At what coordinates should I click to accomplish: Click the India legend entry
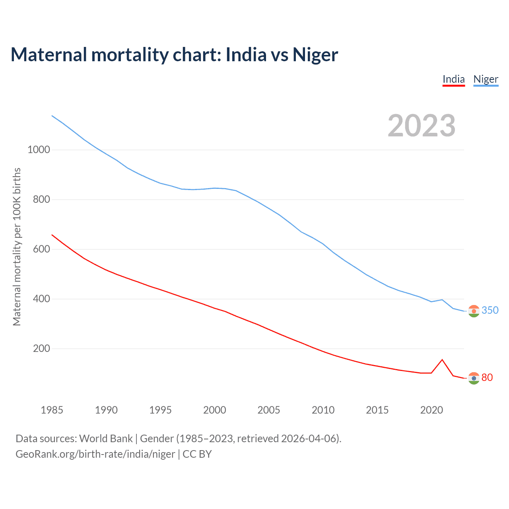tap(454, 79)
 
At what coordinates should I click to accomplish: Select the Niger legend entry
tap(486, 79)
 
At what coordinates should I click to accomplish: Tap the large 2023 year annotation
tap(422, 126)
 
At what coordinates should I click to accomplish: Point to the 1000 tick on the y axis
tap(39, 150)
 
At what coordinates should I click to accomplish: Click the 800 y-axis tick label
tap(41, 200)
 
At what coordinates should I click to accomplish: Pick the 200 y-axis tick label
tap(41, 349)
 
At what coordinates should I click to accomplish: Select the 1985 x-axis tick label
tap(52, 410)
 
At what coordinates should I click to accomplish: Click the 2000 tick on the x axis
tap(214, 410)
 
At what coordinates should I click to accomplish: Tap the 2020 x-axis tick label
tap(431, 410)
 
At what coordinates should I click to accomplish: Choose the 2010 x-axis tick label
tap(323, 410)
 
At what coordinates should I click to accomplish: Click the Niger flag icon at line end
tap(474, 311)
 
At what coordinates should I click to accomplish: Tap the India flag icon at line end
tap(474, 378)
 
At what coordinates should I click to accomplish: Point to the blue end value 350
tap(490, 310)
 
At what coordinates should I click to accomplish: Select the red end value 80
tap(487, 377)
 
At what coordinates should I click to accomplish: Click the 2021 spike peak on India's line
tap(442, 359)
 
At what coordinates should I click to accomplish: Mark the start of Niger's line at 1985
tap(52, 116)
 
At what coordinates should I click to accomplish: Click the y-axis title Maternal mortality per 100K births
tap(17, 247)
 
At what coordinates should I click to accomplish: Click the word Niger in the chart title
tap(315, 55)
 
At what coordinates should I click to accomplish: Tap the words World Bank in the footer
tap(106, 439)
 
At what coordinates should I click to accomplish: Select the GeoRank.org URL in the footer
tap(95, 454)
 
